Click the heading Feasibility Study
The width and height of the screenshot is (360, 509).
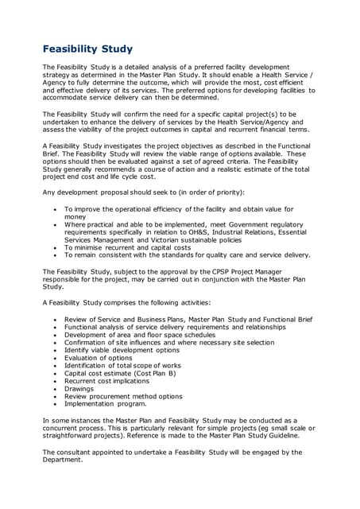[87, 49]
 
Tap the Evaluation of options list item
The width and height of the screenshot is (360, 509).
[99, 358]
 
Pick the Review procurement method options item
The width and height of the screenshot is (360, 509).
[123, 397]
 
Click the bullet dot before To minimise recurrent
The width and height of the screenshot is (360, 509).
[55, 247]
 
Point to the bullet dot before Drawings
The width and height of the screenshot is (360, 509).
[55, 389]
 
